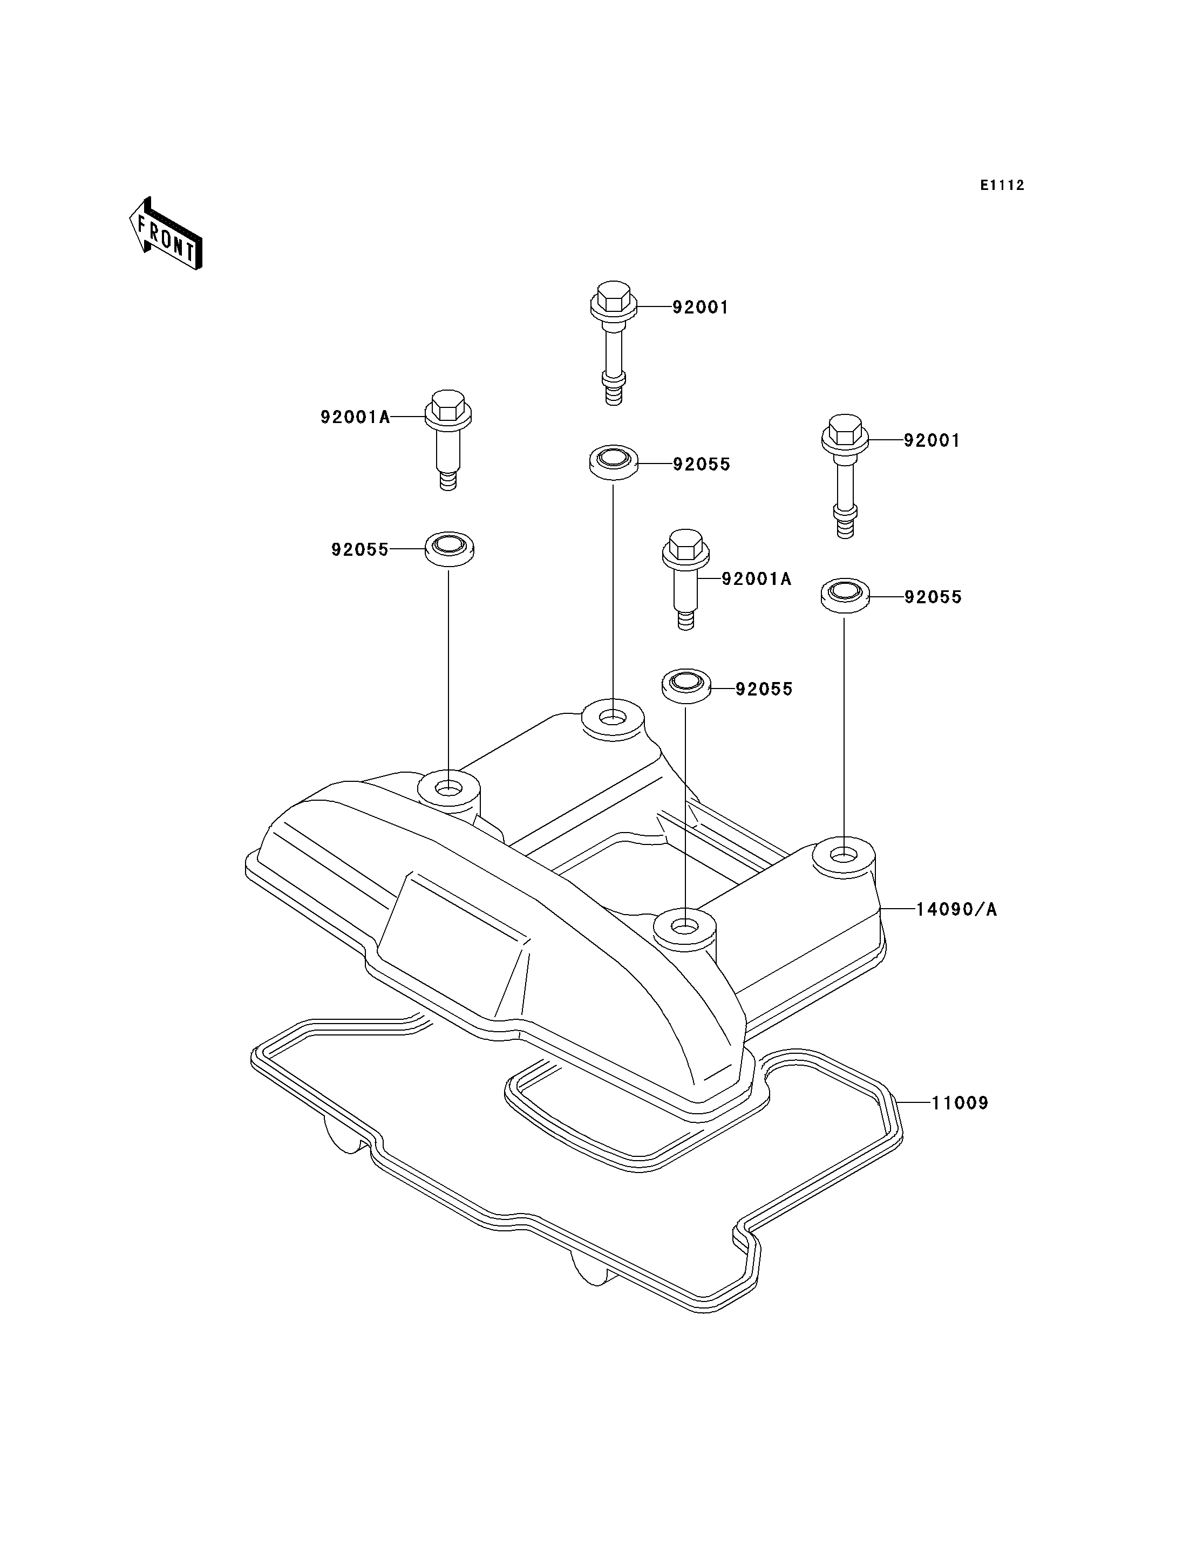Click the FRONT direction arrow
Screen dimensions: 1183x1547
(166, 235)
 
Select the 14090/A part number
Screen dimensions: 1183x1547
(956, 910)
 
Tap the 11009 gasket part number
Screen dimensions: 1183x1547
(960, 1103)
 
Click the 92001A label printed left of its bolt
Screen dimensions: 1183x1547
(355, 418)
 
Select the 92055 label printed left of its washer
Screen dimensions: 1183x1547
(360, 549)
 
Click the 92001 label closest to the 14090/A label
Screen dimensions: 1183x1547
(932, 441)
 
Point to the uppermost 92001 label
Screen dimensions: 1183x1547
(701, 308)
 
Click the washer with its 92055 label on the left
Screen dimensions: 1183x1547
(448, 549)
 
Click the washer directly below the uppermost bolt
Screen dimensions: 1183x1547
(613, 462)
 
